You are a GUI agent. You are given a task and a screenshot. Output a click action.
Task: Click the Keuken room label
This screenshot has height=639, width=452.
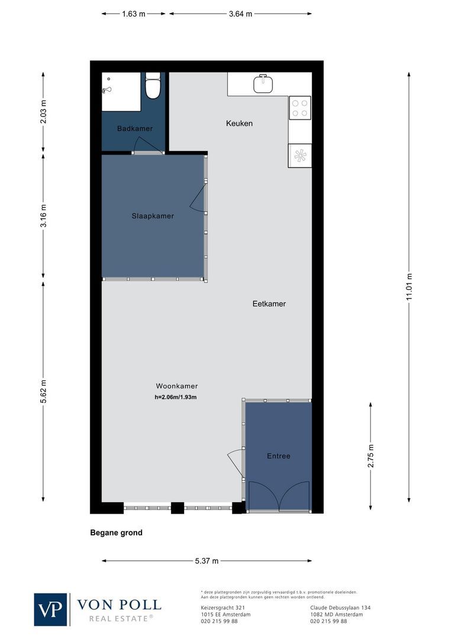(239, 123)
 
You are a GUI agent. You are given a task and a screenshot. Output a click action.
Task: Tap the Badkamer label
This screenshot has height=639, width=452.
(135, 128)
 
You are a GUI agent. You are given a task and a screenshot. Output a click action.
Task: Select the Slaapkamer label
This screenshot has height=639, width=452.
(153, 216)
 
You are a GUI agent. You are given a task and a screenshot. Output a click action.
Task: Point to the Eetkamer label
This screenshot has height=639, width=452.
(269, 304)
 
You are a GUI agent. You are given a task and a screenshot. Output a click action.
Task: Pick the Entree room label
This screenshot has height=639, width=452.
(278, 456)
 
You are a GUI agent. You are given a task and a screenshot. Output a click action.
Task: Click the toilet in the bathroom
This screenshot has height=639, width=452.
(153, 87)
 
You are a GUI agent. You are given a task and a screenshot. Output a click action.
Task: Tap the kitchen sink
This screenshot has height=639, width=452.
(263, 84)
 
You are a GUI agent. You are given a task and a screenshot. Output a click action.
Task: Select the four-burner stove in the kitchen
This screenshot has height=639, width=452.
(300, 107)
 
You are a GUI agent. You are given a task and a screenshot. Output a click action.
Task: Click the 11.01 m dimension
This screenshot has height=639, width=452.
(409, 286)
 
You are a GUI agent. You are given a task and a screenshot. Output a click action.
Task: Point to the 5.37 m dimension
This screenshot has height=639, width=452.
(207, 561)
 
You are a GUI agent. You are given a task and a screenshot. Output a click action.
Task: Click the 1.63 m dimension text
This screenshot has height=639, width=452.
(134, 14)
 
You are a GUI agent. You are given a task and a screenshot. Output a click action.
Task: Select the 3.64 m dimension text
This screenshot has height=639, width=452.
(240, 14)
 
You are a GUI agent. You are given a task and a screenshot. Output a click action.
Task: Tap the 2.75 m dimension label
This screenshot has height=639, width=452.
(371, 456)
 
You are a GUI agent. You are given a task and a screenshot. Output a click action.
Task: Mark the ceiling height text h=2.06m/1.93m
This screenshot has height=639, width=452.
(175, 397)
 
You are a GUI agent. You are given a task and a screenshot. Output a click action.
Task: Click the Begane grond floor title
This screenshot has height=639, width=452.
(116, 532)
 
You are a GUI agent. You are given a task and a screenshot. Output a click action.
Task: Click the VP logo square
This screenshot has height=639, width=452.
(50, 609)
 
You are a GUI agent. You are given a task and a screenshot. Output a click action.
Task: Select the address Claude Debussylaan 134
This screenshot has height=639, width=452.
(341, 608)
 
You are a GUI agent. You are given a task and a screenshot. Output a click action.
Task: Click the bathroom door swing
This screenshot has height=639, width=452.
(143, 144)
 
